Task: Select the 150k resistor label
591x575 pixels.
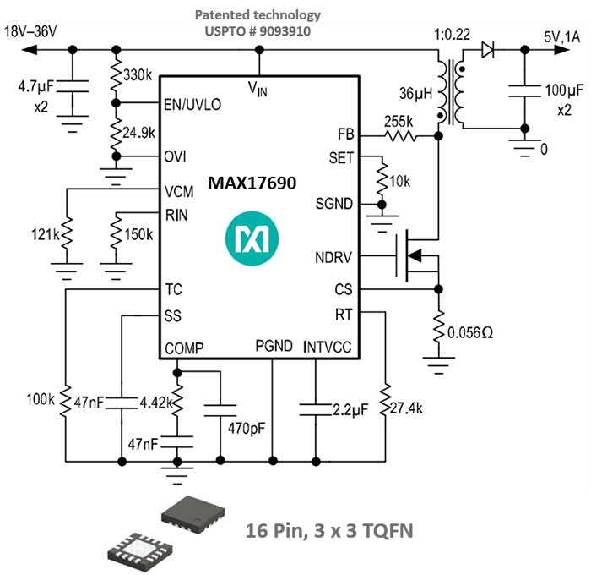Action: click(x=138, y=233)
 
